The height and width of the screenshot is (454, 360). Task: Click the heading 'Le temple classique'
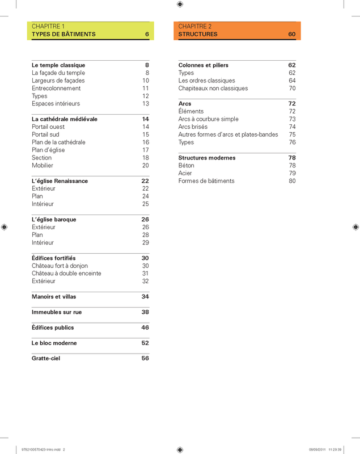(x=58, y=65)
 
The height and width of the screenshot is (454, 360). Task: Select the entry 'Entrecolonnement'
(x=56, y=89)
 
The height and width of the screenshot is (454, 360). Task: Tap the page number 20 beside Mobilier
(x=145, y=166)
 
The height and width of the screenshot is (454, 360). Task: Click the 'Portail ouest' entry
(x=48, y=127)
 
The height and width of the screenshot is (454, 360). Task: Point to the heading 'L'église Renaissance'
(x=60, y=181)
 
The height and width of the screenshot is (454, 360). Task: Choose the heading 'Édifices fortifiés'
(x=54, y=258)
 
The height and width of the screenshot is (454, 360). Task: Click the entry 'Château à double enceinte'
(x=66, y=274)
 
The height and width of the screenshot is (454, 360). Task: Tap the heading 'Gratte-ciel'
(x=46, y=359)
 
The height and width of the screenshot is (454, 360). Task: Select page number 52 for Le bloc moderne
(x=145, y=343)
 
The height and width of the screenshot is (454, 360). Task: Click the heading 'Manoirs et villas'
(x=54, y=297)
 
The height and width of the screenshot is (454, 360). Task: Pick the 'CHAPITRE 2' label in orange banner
(x=194, y=27)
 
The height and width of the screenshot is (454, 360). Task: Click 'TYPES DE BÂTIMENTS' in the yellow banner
(x=63, y=35)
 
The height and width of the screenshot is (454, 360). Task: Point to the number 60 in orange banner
(x=291, y=35)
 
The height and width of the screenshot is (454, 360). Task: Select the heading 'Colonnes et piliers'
(x=203, y=65)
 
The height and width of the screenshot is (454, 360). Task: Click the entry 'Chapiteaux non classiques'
(x=213, y=89)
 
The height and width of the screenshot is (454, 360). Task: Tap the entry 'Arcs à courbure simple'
(x=208, y=119)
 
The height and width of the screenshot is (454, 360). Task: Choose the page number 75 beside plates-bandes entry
(x=292, y=134)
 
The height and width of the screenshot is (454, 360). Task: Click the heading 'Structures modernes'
(x=207, y=158)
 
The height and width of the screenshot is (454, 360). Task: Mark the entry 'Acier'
(x=185, y=173)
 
